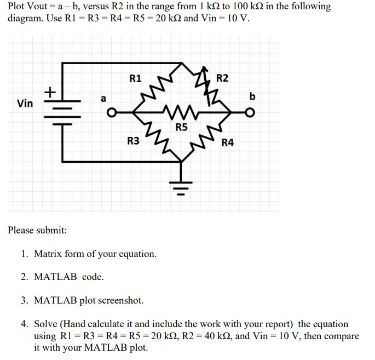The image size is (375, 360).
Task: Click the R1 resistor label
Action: pos(135,78)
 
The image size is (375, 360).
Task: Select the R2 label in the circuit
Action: pos(222,78)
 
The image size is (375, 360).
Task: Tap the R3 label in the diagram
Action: pos(133,141)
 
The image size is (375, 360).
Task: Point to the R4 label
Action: pos(228,143)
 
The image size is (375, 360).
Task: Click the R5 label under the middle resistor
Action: pos(181,128)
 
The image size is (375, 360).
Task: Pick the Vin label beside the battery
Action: pos(25,103)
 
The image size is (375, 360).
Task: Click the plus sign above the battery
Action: pos(50,91)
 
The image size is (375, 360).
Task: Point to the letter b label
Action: pos(252,96)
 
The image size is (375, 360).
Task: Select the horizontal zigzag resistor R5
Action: pos(181,114)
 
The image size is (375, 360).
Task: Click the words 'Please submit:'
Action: pos(37,230)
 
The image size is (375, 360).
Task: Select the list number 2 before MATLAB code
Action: pos(24,277)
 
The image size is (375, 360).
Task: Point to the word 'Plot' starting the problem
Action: pos(17,7)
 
